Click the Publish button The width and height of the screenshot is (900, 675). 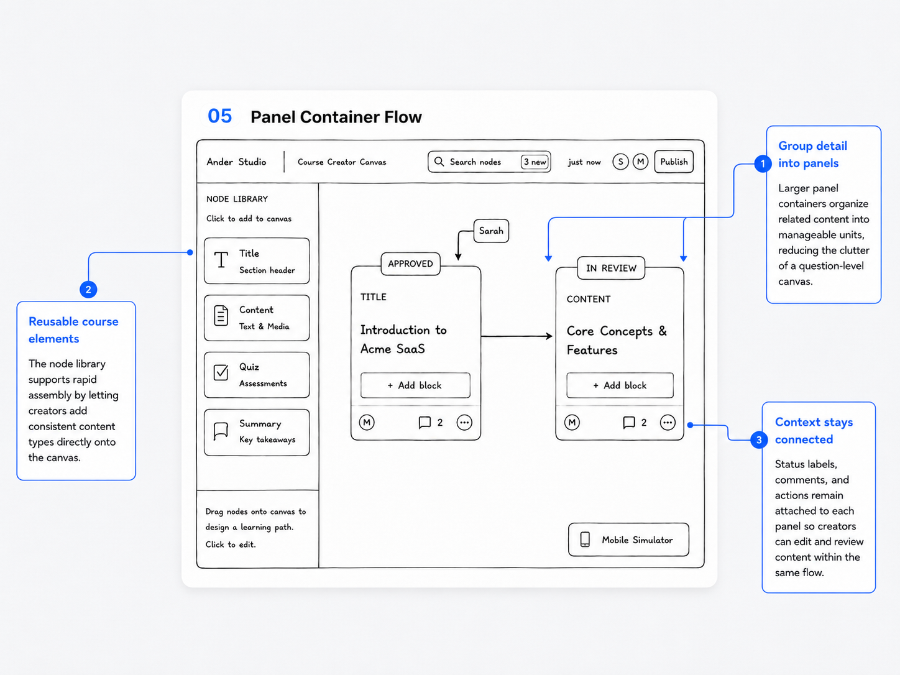click(674, 162)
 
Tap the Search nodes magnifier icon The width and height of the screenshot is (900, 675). click(439, 162)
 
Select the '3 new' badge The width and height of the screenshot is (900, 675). click(535, 162)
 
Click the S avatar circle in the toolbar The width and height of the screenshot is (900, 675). click(620, 162)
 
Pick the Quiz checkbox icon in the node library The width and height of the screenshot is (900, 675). click(221, 372)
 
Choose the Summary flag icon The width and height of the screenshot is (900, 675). click(221, 431)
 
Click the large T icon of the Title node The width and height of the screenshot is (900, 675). click(221, 260)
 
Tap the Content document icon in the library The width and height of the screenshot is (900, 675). click(221, 316)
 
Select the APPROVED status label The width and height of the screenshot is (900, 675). click(410, 264)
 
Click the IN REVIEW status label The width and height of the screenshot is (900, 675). click(611, 268)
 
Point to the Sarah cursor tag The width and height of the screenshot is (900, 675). click(491, 231)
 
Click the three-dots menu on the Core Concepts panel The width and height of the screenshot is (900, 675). click(668, 422)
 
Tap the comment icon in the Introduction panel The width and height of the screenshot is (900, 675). click(425, 422)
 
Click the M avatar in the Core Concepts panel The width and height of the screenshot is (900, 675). click(572, 422)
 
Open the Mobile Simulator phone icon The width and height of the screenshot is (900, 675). click(585, 540)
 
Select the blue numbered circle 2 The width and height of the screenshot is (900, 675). click(88, 290)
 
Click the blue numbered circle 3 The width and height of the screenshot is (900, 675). click(759, 440)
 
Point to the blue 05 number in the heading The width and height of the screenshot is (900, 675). click(220, 116)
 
